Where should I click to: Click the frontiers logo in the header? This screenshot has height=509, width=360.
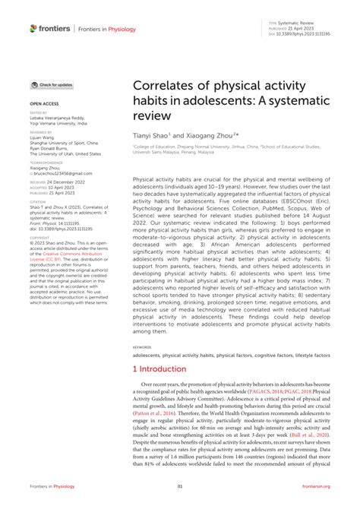(49, 28)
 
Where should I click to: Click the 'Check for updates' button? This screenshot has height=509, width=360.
(52, 85)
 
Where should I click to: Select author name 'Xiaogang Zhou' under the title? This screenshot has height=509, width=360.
(206, 133)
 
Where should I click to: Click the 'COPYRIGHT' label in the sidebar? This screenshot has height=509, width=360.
(40, 237)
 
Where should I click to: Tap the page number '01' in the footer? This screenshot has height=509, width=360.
(180, 487)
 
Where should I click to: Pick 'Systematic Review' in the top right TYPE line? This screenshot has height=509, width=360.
(298, 24)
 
